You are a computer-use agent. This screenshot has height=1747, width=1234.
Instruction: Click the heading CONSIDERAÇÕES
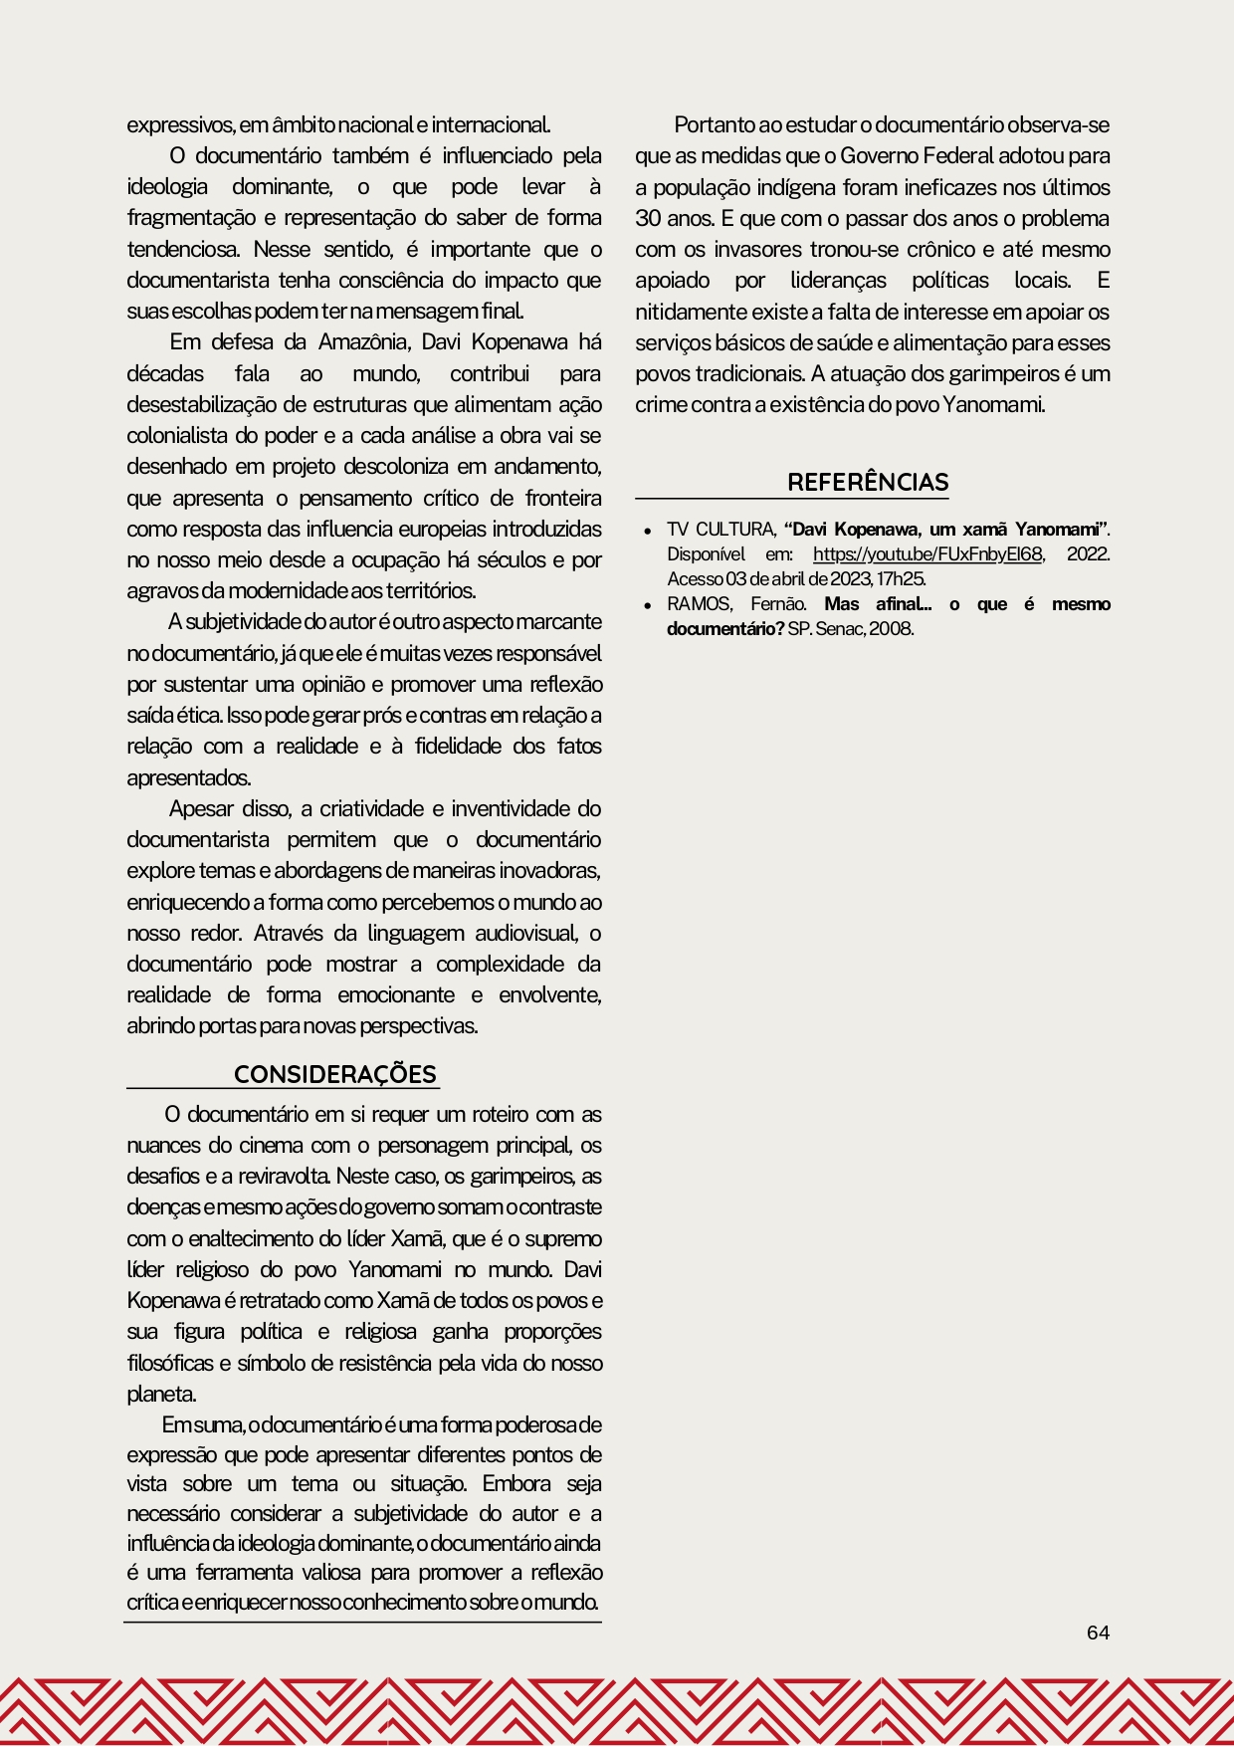[x=334, y=1075]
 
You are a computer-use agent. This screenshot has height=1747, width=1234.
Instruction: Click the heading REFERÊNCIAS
[x=868, y=483]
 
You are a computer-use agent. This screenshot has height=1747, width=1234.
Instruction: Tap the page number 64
[x=1098, y=1633]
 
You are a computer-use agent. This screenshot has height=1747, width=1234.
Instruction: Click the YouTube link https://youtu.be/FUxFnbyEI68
[x=927, y=554]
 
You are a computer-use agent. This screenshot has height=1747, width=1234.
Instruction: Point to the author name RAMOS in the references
[x=698, y=604]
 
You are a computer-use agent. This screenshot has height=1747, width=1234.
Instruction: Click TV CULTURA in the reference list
[x=720, y=530]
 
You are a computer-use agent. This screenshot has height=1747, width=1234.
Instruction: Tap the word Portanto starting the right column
[x=715, y=125]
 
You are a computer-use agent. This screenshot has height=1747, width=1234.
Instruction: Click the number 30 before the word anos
[x=648, y=219]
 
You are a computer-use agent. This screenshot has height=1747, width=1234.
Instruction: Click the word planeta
[x=161, y=1394]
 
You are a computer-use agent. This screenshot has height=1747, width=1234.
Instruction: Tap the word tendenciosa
[x=184, y=249]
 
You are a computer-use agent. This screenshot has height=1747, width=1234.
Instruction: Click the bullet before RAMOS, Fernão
[x=647, y=605]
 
